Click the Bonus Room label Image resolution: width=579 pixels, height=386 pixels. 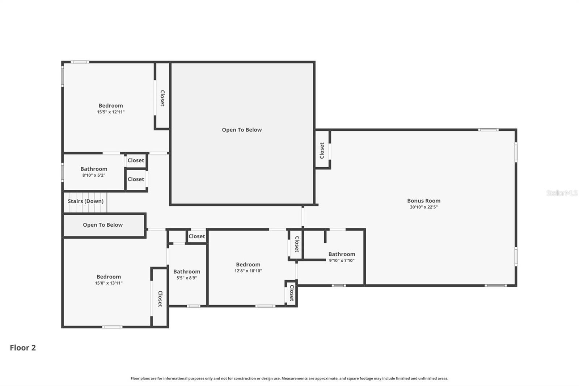click(x=423, y=201)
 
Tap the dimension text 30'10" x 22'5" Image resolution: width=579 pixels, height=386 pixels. click(x=423, y=207)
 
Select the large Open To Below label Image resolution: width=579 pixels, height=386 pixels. click(x=242, y=130)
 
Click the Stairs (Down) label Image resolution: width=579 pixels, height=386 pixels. click(x=86, y=201)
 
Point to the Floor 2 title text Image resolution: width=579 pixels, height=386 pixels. click(x=23, y=348)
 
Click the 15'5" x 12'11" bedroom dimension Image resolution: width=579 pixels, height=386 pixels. click(x=111, y=112)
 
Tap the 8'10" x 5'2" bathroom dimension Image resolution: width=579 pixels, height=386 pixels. click(x=94, y=175)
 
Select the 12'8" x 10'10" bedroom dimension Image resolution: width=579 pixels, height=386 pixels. click(x=248, y=271)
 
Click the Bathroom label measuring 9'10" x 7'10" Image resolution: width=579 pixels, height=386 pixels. click(x=342, y=254)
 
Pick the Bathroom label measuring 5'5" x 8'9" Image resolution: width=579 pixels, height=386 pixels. click(x=187, y=272)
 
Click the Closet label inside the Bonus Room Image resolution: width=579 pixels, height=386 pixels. click(x=322, y=150)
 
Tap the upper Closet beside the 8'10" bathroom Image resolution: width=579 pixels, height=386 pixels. click(x=136, y=160)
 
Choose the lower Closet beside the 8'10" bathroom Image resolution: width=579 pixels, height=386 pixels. click(x=136, y=179)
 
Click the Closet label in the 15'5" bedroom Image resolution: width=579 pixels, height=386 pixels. click(x=162, y=98)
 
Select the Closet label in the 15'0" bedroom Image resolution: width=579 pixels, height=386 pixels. click(x=160, y=299)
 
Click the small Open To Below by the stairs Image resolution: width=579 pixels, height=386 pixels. click(x=103, y=225)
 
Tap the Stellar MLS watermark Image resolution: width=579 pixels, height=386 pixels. click(x=562, y=193)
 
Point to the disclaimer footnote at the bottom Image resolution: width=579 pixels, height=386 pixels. click(x=289, y=378)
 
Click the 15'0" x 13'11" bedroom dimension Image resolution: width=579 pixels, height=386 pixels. click(x=109, y=283)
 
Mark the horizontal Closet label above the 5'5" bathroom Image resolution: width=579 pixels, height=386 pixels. click(x=197, y=236)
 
